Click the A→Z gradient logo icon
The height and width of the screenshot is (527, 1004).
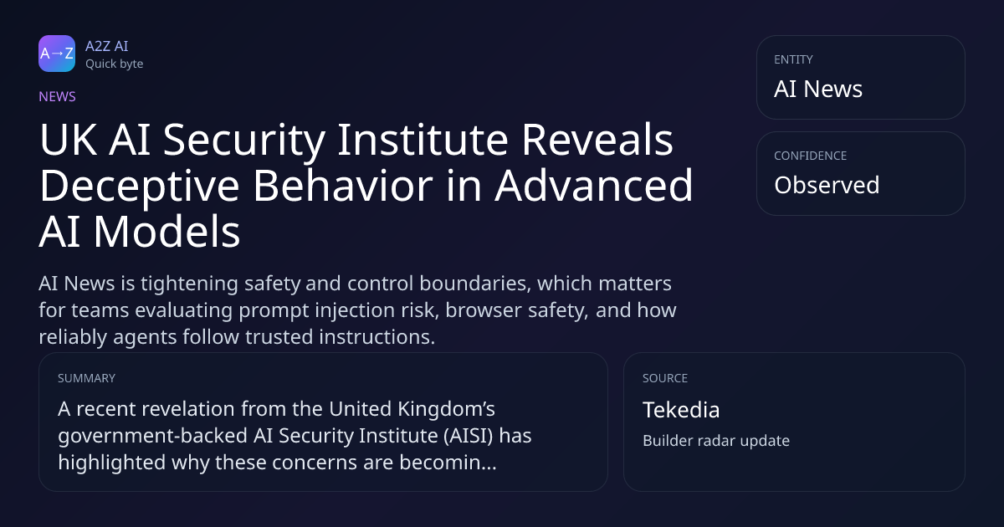[57, 54]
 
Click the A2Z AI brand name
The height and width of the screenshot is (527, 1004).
[107, 46]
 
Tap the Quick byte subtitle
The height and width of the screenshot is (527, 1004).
[115, 64]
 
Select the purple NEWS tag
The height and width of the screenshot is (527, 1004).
[57, 96]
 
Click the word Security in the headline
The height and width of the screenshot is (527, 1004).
[243, 141]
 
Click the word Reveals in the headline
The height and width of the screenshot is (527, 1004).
[597, 140]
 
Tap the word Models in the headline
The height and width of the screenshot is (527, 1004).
[166, 232]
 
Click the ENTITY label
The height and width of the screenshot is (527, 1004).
[793, 59]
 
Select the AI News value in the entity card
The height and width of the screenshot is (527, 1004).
[818, 89]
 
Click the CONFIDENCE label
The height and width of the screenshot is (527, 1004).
[811, 156]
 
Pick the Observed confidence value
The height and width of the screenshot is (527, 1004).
[827, 185]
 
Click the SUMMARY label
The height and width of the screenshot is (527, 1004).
[86, 378]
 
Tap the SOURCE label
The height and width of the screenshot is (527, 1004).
[665, 378]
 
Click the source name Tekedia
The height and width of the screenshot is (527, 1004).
[681, 410]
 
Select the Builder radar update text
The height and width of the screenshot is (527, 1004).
[716, 441]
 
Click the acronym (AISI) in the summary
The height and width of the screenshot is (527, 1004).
[469, 436]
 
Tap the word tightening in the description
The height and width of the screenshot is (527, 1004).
[189, 284]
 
